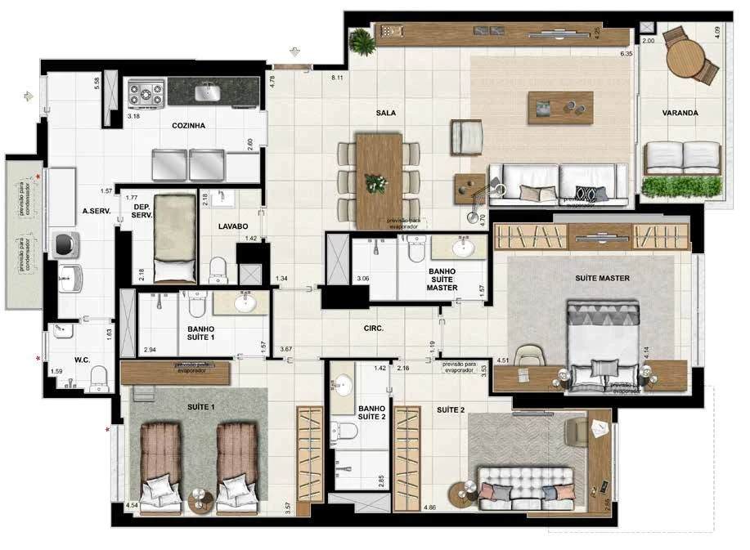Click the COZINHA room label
(x=188, y=126)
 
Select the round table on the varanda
(x=685, y=58)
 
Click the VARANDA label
(x=680, y=114)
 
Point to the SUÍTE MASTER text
(x=601, y=279)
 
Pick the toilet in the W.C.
(x=98, y=377)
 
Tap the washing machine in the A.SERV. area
(x=64, y=245)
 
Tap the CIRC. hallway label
(x=375, y=330)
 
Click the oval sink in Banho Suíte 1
(x=243, y=304)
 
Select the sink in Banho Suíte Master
(x=465, y=246)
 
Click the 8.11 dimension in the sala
(x=337, y=78)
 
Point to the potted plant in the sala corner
(x=361, y=40)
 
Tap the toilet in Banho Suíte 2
(x=347, y=429)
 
